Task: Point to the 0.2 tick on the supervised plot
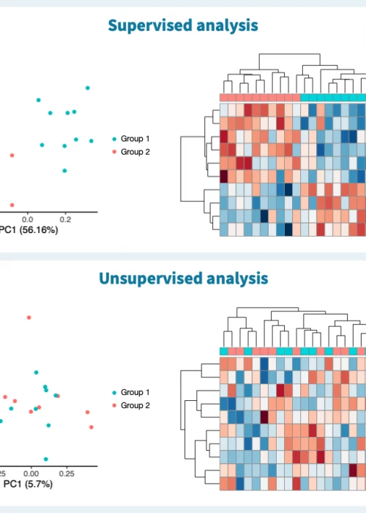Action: click(x=64, y=218)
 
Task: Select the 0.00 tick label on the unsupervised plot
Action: click(x=31, y=473)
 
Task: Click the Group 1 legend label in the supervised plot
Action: click(x=135, y=139)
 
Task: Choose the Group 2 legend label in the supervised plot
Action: click(x=135, y=152)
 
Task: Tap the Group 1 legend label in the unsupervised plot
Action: click(x=135, y=393)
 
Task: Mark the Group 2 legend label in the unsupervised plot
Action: click(x=135, y=405)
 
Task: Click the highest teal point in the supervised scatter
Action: click(x=87, y=88)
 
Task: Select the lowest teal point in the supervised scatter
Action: click(x=64, y=171)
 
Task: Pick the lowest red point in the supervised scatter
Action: click(x=11, y=205)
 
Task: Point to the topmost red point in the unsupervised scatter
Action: click(x=29, y=317)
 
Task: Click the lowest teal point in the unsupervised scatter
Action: click(x=45, y=459)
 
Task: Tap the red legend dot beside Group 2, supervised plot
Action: click(x=114, y=152)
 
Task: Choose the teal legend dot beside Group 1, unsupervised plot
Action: click(x=114, y=393)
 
